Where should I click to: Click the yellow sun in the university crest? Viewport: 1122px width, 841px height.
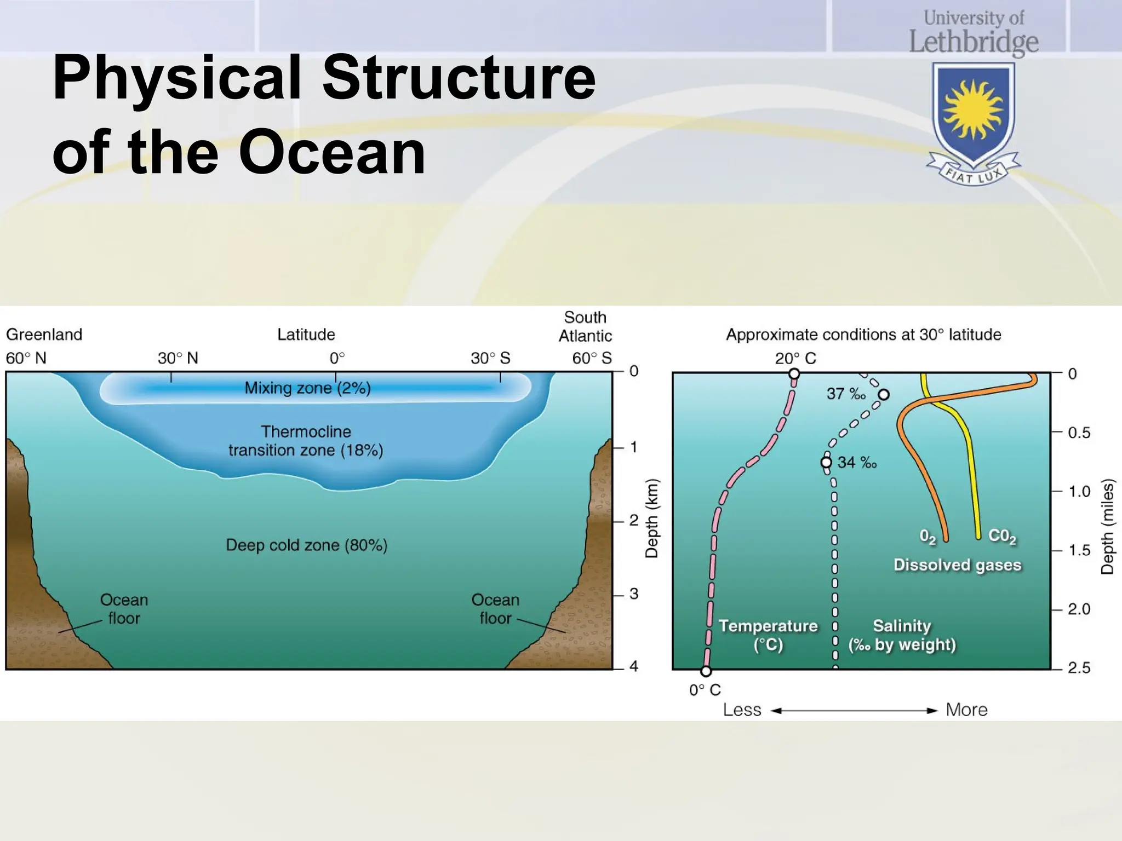973,109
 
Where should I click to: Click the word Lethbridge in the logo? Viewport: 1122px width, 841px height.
974,42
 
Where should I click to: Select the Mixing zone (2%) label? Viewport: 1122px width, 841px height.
307,388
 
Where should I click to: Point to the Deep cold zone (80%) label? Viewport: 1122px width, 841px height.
306,545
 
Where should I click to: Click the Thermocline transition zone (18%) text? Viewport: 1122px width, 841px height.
306,441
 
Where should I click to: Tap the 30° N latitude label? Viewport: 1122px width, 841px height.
178,358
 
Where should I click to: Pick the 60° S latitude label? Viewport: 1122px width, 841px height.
592,358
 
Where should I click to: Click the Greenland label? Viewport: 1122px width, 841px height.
44,335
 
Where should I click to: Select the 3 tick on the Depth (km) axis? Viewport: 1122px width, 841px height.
633,594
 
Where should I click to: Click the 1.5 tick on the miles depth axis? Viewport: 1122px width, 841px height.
1079,550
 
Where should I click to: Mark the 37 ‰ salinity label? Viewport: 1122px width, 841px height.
846,394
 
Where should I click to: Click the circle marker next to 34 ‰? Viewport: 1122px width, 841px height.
826,463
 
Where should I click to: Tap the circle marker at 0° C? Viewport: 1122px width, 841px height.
706,671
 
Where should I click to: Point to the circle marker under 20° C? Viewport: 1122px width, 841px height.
794,374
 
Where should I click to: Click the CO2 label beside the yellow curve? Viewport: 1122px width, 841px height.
1002,536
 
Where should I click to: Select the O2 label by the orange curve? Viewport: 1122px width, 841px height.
928,536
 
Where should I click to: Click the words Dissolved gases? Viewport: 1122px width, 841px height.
957,565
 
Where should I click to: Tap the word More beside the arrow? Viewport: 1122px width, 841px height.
966,710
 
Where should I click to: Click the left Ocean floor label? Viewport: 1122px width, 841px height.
124,609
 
